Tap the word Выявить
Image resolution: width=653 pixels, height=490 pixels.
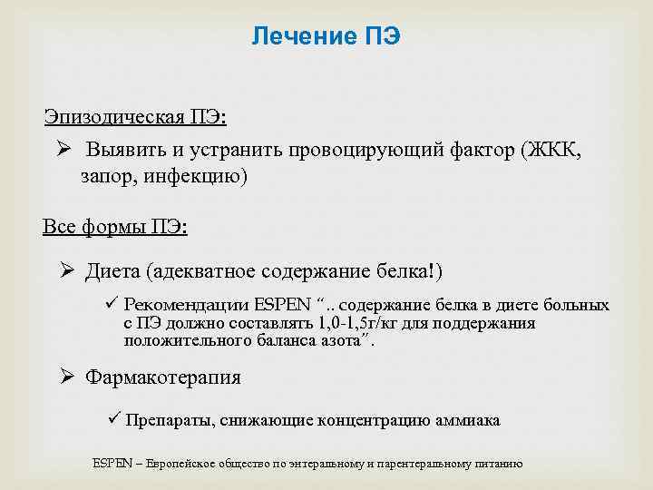tap(126, 149)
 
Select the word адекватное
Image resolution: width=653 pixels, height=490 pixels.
tap(207, 270)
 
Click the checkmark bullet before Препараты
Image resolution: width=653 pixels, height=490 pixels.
tap(112, 419)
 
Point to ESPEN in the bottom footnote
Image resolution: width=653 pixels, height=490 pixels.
tap(109, 464)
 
